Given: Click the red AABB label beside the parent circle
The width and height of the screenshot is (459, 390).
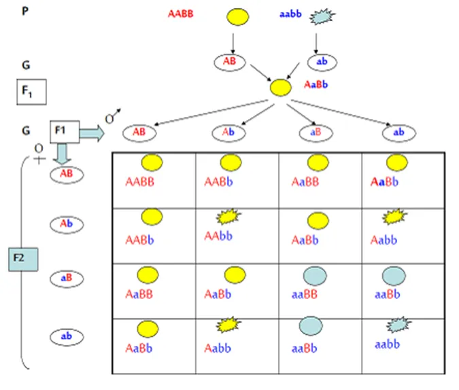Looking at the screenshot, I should coord(182,14).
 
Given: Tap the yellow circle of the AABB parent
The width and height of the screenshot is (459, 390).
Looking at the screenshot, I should coord(237,17).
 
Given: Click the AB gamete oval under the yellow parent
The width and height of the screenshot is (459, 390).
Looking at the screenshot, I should coord(231,62).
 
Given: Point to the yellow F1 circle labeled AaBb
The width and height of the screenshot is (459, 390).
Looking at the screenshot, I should coord(279,87).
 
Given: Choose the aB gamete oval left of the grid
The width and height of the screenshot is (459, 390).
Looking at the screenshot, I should coord(67,277).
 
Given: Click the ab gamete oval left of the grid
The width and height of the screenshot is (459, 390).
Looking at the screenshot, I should coord(67,335).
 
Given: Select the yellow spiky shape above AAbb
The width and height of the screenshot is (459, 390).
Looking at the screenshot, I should coord(230,217).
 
